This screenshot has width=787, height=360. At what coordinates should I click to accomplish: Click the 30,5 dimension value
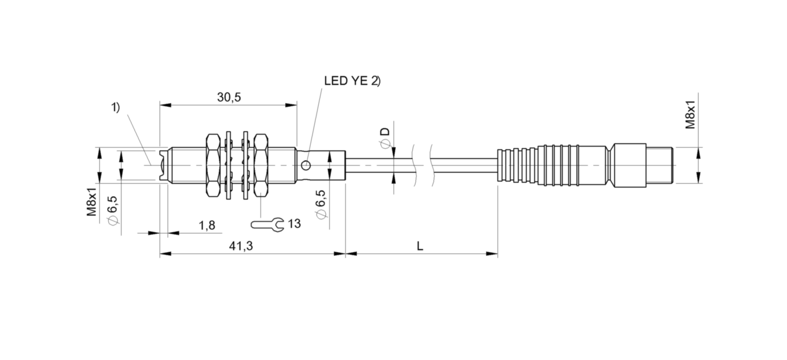pos(229,98)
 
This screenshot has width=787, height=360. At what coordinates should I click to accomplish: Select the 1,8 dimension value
pos(207,225)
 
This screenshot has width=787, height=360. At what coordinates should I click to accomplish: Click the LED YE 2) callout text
pos(352,82)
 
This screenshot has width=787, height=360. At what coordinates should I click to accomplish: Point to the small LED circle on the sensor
pos(307,165)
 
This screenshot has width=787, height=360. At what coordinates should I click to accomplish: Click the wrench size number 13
pos(294,224)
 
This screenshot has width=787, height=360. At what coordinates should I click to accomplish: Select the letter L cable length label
pos(420,246)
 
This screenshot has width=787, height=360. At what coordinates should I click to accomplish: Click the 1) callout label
pos(115,107)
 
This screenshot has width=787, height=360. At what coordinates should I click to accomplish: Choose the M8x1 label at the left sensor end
pos(91,203)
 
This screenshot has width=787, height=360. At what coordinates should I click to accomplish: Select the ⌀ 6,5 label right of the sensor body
pos(321,204)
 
